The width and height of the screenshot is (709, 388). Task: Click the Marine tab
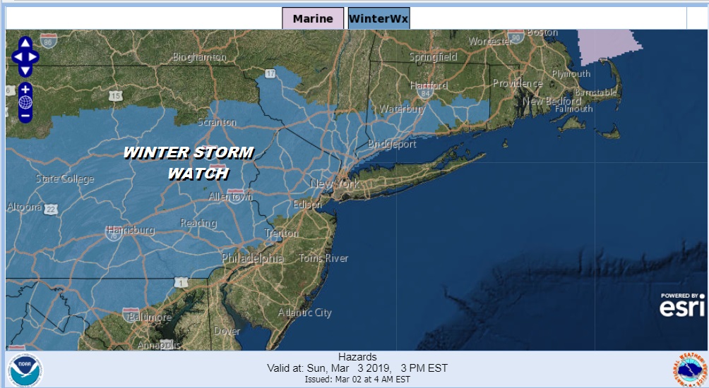coord(313,18)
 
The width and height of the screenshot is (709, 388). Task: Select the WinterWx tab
coord(379,18)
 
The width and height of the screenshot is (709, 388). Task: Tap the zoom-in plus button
coord(25,90)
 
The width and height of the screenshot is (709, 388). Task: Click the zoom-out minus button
coord(25,114)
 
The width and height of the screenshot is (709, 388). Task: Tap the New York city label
coord(335,184)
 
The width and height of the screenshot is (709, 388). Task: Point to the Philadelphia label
coord(252,259)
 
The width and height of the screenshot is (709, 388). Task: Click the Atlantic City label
coord(304,313)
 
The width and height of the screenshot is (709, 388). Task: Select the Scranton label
coord(218,122)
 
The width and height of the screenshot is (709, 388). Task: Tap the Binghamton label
coord(199,57)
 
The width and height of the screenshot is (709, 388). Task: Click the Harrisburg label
coord(130,231)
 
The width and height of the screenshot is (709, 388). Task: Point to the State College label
coord(64,179)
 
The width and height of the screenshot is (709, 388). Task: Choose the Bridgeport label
coord(392,144)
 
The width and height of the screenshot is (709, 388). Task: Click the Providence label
coord(518,83)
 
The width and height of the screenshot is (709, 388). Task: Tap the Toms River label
coord(323,258)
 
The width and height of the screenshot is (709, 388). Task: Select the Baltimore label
coord(150,317)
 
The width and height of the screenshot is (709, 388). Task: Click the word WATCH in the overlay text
coord(198,174)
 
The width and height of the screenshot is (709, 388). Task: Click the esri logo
coord(682,306)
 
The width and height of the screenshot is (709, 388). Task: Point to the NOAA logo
coord(25,370)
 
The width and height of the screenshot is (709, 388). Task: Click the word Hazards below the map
coord(357,357)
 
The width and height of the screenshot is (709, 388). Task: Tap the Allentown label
coord(230,197)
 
